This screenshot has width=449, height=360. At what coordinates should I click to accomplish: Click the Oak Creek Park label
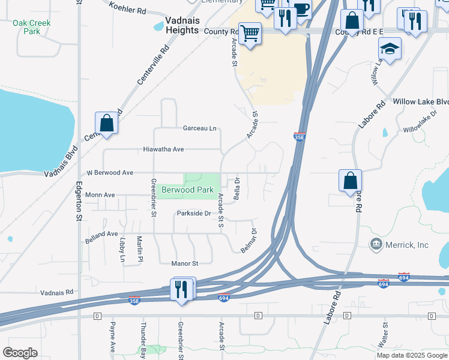(x=31, y=27)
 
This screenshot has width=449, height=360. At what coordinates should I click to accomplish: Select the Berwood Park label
(x=188, y=190)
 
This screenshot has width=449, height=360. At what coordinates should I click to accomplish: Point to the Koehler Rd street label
(x=128, y=7)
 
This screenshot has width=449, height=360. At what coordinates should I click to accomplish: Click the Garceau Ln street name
(x=199, y=128)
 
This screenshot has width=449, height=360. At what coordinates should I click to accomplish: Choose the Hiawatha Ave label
(x=163, y=149)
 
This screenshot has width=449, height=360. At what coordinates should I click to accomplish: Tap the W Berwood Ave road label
(x=110, y=173)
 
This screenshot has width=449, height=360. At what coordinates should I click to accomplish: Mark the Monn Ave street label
(x=100, y=195)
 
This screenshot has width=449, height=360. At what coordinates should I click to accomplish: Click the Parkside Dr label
(x=194, y=214)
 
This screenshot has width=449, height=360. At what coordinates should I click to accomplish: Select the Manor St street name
(x=184, y=263)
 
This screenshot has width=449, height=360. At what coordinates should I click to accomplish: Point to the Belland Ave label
(x=101, y=234)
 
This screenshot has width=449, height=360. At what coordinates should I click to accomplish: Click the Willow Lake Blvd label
(x=420, y=102)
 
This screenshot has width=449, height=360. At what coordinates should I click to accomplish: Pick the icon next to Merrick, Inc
(x=376, y=245)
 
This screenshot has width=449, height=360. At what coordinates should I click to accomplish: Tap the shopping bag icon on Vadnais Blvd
(x=106, y=123)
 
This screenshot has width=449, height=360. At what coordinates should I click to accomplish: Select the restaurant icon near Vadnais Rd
(x=182, y=290)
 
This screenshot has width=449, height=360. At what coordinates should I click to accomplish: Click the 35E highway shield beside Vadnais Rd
(x=134, y=301)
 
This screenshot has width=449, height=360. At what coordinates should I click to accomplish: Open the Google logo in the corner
(x=20, y=353)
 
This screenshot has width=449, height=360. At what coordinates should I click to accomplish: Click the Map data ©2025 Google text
(x=411, y=355)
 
